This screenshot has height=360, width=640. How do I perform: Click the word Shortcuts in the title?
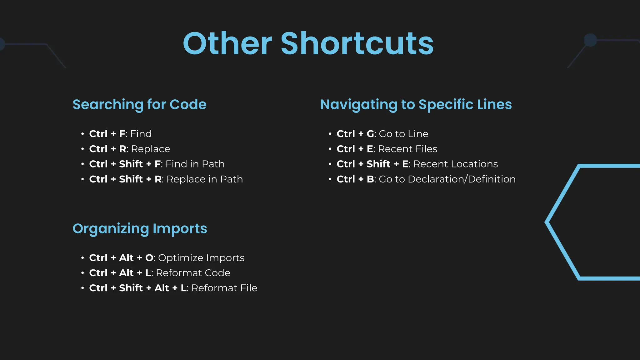tap(357, 44)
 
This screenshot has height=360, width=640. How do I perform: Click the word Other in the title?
tap(227, 44)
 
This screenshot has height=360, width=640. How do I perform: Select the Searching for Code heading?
tap(139, 104)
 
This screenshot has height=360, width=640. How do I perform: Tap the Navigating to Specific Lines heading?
tap(416, 104)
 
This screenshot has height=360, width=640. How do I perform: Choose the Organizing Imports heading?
tap(140, 228)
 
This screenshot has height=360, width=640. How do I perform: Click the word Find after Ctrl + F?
tap(141, 134)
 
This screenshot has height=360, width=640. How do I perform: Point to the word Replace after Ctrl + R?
tap(150, 149)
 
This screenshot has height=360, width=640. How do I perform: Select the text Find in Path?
tap(195, 164)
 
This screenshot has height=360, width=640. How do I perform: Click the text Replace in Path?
tap(205, 179)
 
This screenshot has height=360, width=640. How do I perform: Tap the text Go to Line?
tap(403, 134)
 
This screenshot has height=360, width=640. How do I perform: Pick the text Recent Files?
tap(407, 149)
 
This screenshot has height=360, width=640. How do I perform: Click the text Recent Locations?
tap(456, 164)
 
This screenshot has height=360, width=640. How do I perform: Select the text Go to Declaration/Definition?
tap(447, 179)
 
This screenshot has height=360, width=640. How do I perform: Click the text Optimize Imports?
tap(201, 258)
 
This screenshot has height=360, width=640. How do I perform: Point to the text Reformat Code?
tap(193, 273)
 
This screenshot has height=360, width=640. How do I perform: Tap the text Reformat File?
tap(224, 288)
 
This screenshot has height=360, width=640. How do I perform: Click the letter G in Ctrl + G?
tap(370, 134)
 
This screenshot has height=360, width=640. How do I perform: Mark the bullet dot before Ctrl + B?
tap(330, 179)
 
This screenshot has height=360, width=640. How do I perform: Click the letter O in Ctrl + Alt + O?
tap(149, 258)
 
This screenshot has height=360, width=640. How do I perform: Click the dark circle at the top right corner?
tap(590, 40)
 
